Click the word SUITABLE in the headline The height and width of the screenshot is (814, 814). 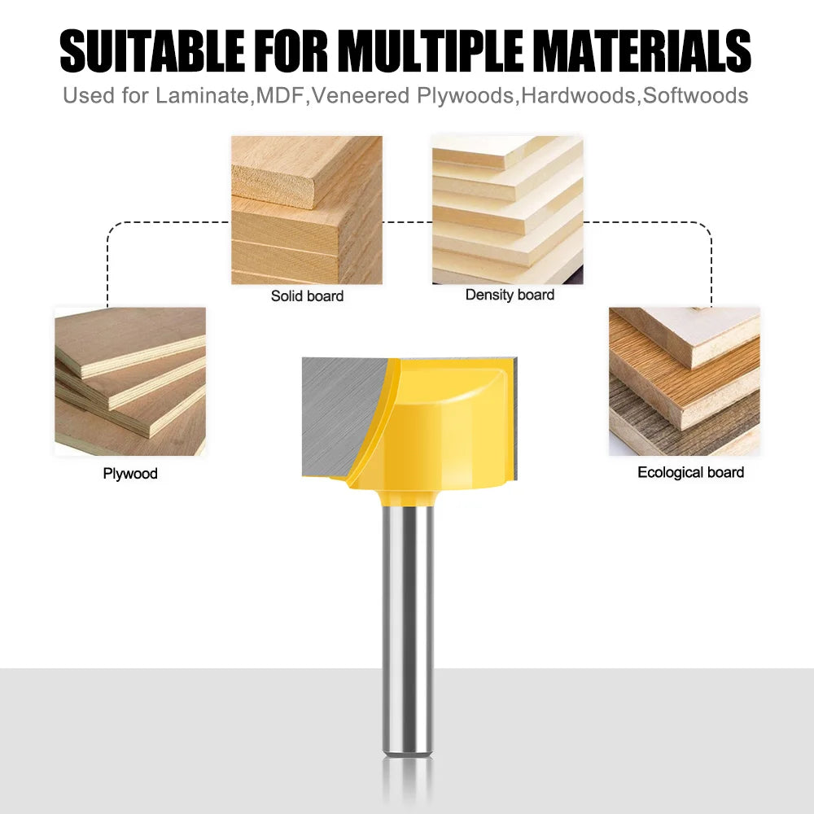pos(152,50)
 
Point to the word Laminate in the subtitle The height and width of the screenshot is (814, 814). pos(202,96)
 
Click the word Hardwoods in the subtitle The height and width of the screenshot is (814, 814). pos(578,96)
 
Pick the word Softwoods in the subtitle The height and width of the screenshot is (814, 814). pos(696,96)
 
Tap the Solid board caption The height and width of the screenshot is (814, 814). pos(308,296)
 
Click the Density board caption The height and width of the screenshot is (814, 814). pos(510,295)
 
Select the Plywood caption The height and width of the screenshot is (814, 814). pos(130,474)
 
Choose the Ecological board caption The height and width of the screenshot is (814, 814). pos(690,472)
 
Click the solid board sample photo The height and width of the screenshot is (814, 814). pos(307,210)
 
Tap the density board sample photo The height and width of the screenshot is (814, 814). pos(508,210)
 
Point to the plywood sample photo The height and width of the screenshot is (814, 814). pos(130,382)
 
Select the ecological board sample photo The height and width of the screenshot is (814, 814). pos(685,382)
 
